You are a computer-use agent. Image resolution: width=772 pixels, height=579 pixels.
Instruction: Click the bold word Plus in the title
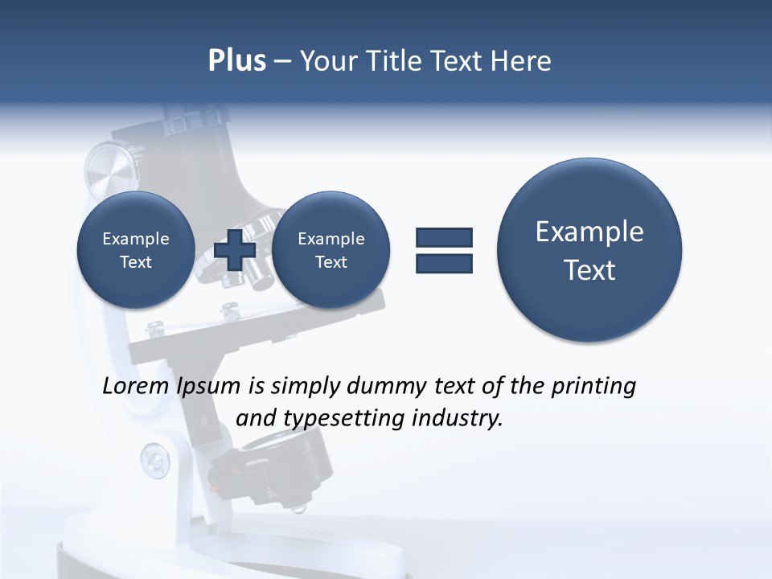click(x=237, y=61)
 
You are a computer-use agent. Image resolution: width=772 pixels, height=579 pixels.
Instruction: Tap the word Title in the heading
click(x=392, y=61)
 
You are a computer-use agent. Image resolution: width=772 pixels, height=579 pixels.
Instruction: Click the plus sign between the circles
click(x=236, y=250)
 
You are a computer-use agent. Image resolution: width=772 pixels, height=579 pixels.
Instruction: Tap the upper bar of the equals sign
click(x=444, y=237)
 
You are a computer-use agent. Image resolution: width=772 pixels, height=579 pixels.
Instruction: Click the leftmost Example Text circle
click(x=135, y=250)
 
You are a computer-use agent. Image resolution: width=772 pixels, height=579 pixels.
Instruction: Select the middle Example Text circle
click(x=331, y=250)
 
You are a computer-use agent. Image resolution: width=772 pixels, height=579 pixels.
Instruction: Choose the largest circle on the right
click(x=589, y=250)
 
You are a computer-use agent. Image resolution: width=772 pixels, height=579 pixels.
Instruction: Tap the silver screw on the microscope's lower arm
click(x=154, y=460)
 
